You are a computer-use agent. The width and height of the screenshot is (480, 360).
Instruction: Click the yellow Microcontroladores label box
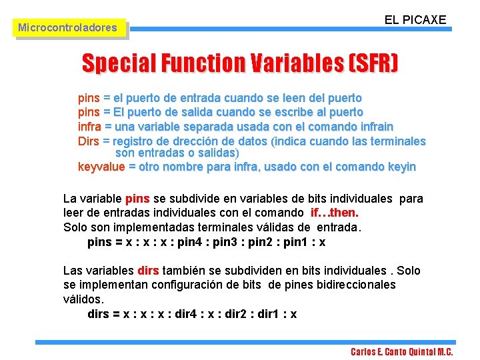[67, 28]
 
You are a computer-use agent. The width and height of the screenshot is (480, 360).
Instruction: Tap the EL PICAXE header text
[415, 20]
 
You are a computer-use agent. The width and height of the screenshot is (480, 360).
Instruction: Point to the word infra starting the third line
[90, 126]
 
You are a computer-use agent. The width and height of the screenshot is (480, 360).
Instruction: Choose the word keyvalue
[101, 167]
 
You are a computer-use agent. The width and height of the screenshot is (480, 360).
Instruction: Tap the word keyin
[401, 167]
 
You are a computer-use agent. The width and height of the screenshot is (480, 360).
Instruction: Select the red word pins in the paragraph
[137, 199]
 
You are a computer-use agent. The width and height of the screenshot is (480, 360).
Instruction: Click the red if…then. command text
[335, 213]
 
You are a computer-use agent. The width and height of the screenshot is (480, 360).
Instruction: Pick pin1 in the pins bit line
[297, 242]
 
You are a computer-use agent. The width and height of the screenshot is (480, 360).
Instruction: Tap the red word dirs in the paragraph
[147, 271]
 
